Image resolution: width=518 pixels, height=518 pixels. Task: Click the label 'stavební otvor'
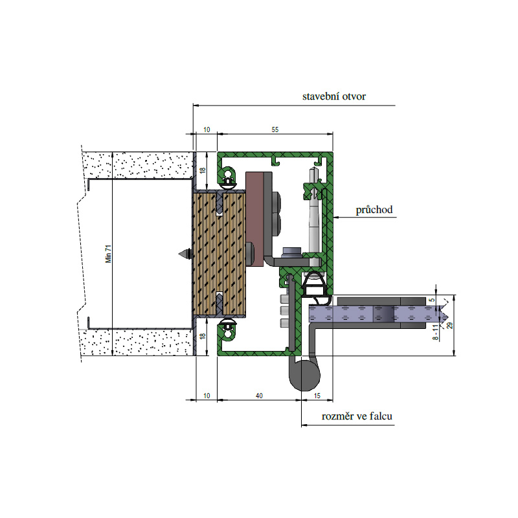[x=334, y=96]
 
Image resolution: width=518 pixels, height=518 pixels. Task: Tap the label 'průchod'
[x=374, y=210]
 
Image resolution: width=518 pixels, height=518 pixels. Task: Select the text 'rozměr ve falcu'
[x=357, y=416]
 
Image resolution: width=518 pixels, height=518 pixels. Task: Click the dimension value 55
[x=275, y=129]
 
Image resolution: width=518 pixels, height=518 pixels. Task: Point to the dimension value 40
[x=259, y=396]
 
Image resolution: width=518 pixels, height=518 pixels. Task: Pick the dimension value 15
[x=317, y=396]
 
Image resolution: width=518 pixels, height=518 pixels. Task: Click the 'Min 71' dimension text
[x=108, y=254]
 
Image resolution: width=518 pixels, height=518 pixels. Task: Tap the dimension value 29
[x=449, y=326]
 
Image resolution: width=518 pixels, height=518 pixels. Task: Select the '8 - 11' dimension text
[x=436, y=332]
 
